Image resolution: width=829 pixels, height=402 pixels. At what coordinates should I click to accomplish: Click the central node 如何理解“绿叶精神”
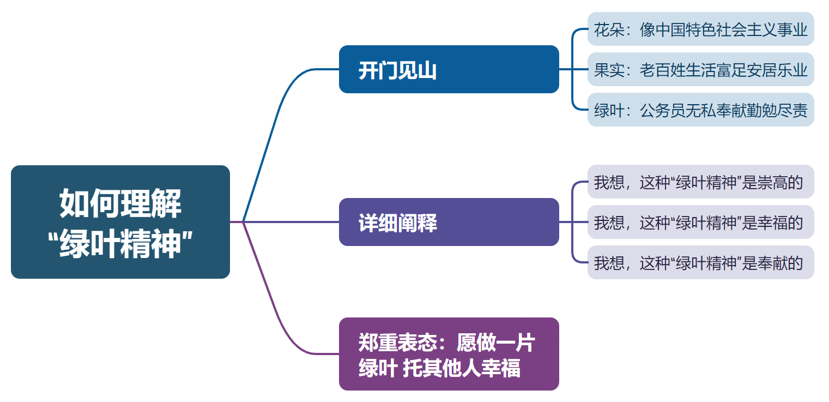pyautogui.click(x=120, y=222)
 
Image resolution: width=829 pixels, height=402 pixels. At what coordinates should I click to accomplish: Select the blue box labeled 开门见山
pyautogui.click(x=449, y=69)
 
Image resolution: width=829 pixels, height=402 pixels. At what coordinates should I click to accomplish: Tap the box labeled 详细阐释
pyautogui.click(x=449, y=222)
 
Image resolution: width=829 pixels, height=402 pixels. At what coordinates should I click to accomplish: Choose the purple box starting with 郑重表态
pyautogui.click(x=449, y=354)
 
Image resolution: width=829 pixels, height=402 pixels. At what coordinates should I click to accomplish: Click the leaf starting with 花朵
pyautogui.click(x=700, y=29)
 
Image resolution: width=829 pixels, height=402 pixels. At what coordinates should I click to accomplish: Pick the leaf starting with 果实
pyautogui.click(x=700, y=69)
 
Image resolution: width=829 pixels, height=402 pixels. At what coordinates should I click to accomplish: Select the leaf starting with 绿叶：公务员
pyautogui.click(x=700, y=110)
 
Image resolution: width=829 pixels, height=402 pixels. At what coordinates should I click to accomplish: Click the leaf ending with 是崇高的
pyautogui.click(x=700, y=182)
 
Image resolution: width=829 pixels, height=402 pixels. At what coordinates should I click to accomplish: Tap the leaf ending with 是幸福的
pyautogui.click(x=700, y=222)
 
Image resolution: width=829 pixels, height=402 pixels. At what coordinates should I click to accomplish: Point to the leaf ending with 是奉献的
pyautogui.click(x=700, y=262)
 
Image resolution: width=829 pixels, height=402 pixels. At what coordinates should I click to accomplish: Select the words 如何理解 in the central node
pyautogui.click(x=120, y=204)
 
